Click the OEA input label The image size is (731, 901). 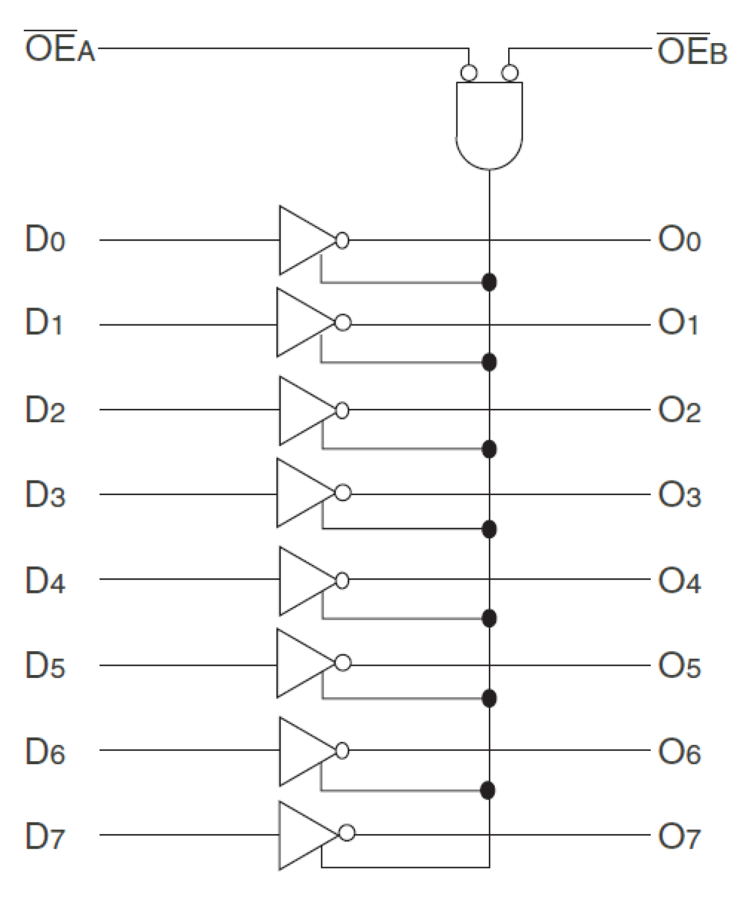(x=59, y=48)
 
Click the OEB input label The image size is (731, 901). (x=691, y=51)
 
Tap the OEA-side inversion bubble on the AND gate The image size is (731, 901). (x=469, y=73)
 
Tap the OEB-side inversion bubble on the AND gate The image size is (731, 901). (x=510, y=73)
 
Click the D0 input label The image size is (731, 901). (x=45, y=239)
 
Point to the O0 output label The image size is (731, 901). (x=679, y=239)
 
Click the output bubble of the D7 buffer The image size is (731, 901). (x=347, y=833)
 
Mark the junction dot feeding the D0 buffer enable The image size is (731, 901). (x=489, y=282)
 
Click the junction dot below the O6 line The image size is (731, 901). (x=489, y=790)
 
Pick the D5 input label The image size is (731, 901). (x=45, y=665)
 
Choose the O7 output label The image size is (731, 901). (x=679, y=837)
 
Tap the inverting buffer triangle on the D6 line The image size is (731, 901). (x=303, y=751)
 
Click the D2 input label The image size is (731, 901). (x=45, y=409)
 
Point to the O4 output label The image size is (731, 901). (x=679, y=581)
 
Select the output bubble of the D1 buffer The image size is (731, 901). (x=343, y=323)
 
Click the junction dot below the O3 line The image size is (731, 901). (x=489, y=529)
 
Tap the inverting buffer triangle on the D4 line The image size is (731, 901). (x=303, y=581)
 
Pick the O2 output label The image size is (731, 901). (x=679, y=411)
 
